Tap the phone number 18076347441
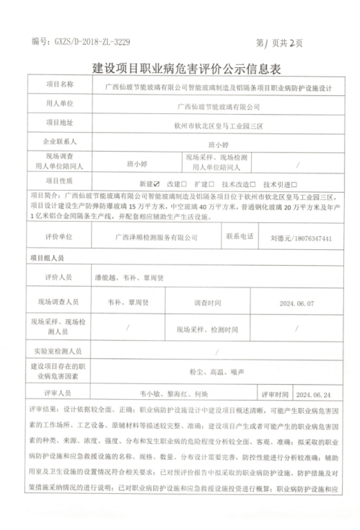point(312,237)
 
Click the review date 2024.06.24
point(312,395)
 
